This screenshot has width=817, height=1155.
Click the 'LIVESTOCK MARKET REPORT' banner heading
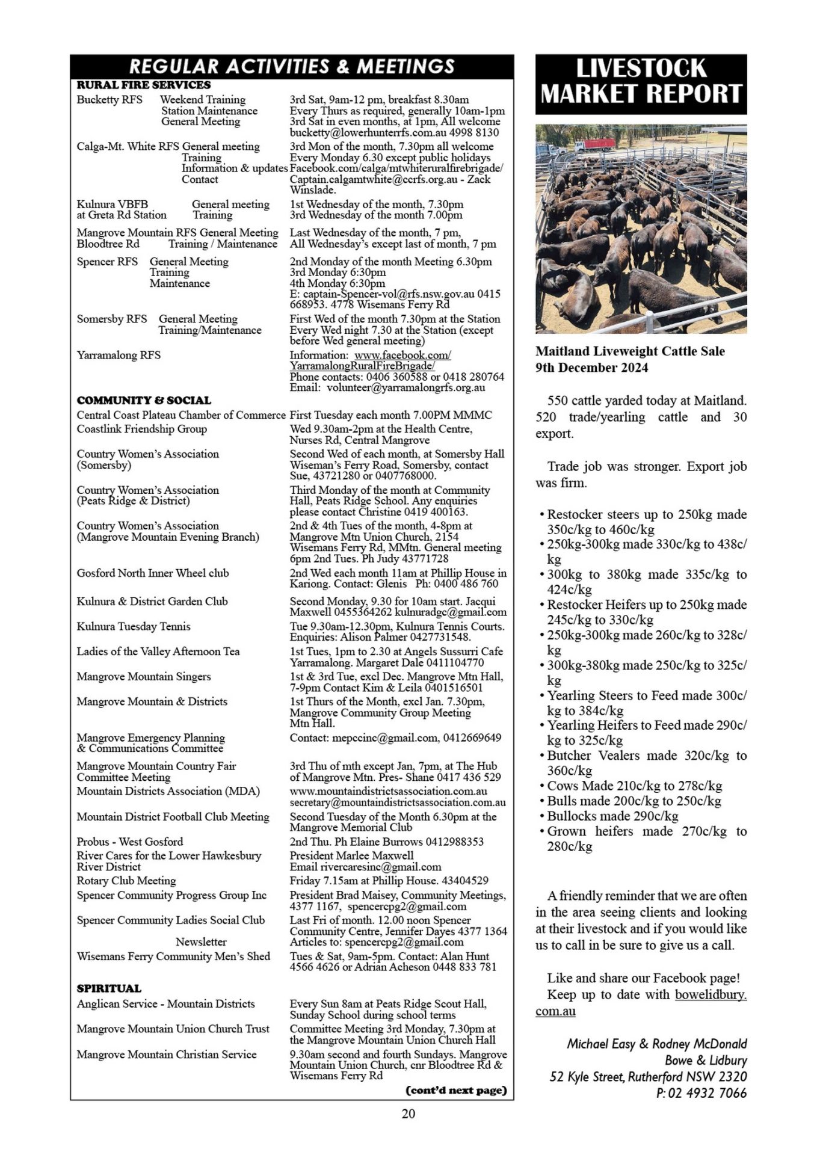[641, 82]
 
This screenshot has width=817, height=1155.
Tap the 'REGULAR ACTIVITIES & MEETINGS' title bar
[292, 66]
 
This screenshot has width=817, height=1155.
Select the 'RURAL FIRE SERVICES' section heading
[143, 85]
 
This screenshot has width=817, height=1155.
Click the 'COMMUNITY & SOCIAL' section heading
[144, 400]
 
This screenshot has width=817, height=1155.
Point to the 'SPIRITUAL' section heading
[109, 988]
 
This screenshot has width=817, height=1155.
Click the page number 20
[408, 1113]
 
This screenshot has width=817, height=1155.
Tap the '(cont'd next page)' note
[456, 1090]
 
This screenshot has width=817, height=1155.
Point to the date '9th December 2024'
[592, 368]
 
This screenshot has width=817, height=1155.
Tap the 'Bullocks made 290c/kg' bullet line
[612, 816]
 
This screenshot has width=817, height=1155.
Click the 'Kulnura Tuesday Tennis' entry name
[133, 626]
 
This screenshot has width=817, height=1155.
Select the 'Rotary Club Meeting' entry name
[126, 881]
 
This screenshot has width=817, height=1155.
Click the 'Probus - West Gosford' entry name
[129, 842]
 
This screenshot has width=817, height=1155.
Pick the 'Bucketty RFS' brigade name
[109, 100]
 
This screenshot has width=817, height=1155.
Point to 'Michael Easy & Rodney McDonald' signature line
[656, 1044]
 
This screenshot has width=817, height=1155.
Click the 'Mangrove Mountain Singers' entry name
[143, 676]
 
